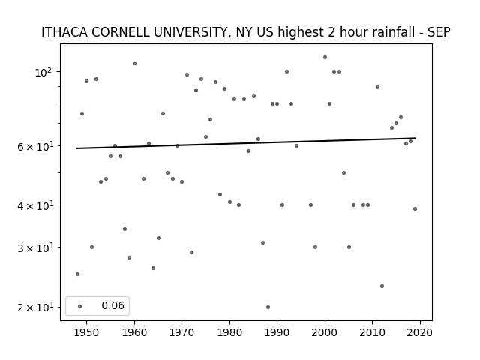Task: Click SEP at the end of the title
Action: coord(439,32)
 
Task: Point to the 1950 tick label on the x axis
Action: coord(87,332)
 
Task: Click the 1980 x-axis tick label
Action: coord(229,332)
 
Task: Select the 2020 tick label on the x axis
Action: coord(420,332)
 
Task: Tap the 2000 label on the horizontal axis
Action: coord(325,332)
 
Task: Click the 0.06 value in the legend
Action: coord(113,305)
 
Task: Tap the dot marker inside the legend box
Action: coord(80,306)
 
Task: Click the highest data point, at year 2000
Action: coord(325,57)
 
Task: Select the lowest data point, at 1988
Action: coord(268,307)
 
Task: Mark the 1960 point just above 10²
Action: coord(134,63)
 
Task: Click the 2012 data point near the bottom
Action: coord(382,286)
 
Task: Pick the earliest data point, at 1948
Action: coord(77,274)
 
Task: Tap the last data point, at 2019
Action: coord(415,208)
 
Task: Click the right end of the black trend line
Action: coord(415,138)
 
